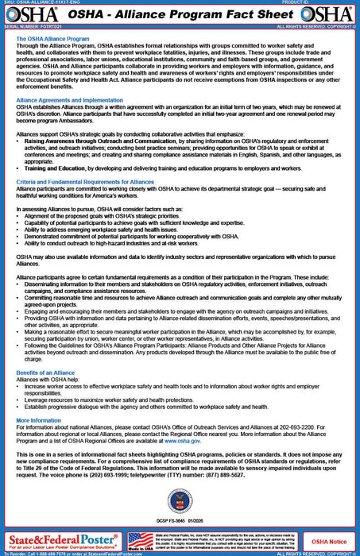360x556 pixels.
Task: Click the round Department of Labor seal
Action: [x=180, y=502]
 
